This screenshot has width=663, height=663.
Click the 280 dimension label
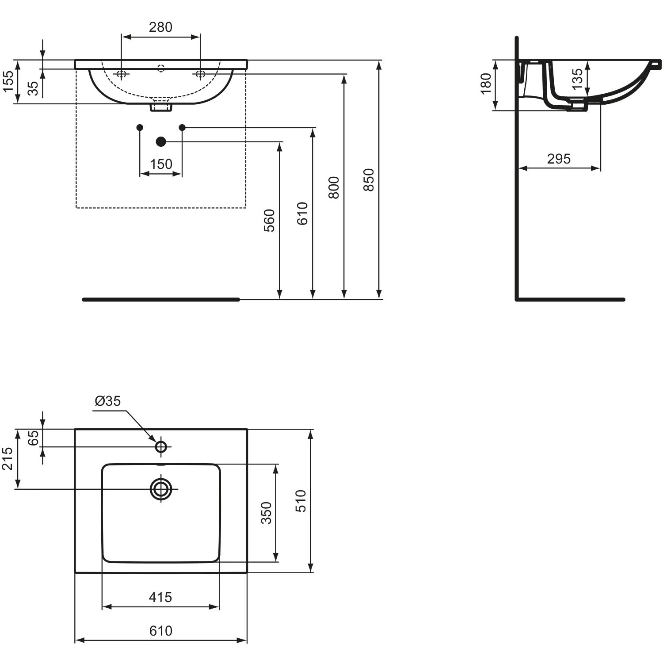(x=160, y=27)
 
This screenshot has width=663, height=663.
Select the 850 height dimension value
(x=369, y=179)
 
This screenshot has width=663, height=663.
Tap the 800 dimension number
(x=334, y=187)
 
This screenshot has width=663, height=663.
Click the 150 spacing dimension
(x=161, y=164)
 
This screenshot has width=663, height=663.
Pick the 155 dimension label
(x=8, y=81)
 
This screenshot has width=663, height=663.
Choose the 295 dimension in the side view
(x=559, y=159)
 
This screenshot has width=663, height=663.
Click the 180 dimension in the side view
(x=485, y=84)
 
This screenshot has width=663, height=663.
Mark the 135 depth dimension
(x=577, y=79)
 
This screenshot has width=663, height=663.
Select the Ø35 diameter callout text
(x=107, y=401)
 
